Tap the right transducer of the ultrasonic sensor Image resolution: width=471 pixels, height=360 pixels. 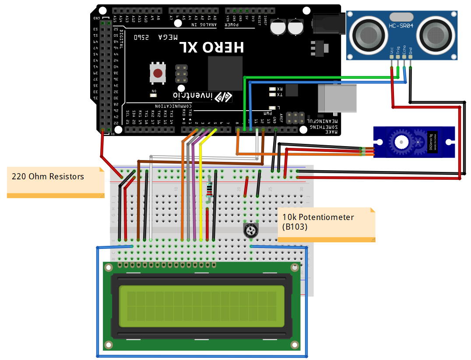tap(435, 35)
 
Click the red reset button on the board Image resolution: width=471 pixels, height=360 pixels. tap(158, 73)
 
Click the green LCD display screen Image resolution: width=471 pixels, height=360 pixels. tap(202, 307)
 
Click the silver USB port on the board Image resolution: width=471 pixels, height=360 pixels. tap(336, 97)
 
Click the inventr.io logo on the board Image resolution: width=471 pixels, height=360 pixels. tap(203, 96)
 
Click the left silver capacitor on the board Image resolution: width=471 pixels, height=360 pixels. tap(278, 27)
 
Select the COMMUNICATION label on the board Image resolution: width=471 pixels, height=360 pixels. tap(175, 106)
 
